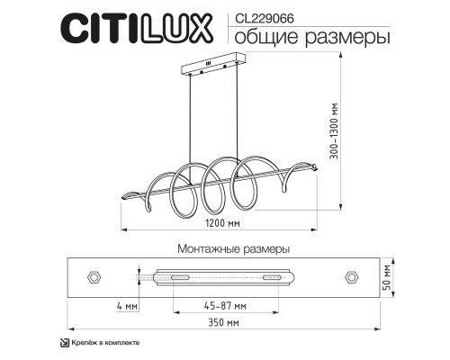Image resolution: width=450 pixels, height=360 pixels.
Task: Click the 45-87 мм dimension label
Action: coord(225,306)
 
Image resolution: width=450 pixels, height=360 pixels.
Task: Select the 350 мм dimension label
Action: coord(225,321)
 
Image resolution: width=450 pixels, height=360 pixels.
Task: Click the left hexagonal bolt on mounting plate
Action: coord(93,276)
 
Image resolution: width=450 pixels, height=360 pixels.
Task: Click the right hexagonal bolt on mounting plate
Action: coord(350,276)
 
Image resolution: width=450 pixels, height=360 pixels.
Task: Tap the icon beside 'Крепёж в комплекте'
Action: coord(63,343)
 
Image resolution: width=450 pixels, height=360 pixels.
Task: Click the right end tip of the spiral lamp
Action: coord(315,166)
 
